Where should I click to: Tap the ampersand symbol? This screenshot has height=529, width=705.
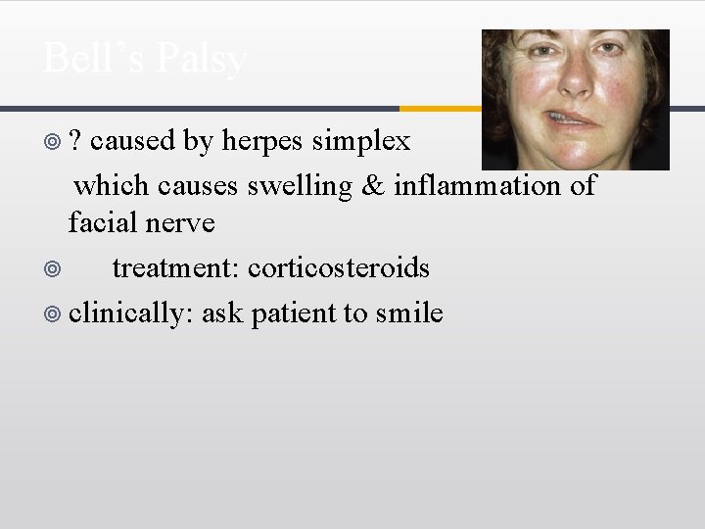373,185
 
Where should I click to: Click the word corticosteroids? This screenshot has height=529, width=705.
339,267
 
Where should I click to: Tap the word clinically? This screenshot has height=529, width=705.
132,313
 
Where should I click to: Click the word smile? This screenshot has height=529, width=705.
409,313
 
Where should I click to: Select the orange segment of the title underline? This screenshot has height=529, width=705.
441,108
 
